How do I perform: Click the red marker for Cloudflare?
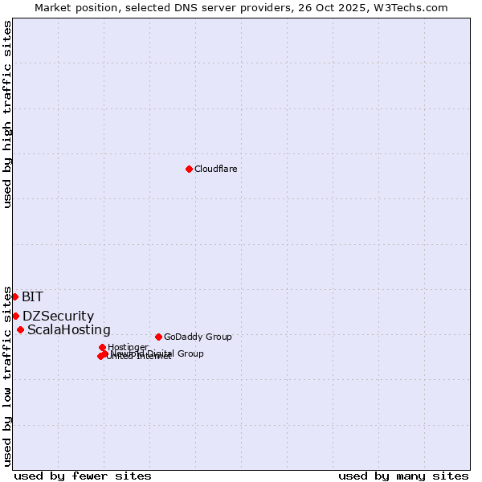(189, 169)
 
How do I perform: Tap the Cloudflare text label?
(215, 169)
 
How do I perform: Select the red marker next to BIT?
(14, 296)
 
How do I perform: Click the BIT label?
(33, 297)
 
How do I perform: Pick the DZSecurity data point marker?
(15, 316)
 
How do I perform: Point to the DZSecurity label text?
(58, 317)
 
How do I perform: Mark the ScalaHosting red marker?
(20, 329)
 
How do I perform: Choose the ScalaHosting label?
(69, 330)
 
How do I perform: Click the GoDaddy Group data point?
(158, 337)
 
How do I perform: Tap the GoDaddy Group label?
(198, 337)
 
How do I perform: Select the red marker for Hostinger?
(102, 347)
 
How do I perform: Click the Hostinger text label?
(128, 347)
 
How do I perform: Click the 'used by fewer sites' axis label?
(83, 476)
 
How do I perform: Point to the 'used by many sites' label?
(403, 476)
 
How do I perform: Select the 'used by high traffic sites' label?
(8, 114)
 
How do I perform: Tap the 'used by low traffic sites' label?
(8, 376)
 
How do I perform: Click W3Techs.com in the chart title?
(419, 7)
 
